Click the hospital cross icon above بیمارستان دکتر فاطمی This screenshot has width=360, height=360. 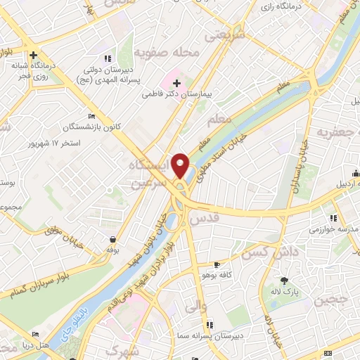pyautogui.click(x=176, y=82)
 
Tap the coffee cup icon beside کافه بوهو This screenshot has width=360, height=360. pyautogui.click(x=217, y=264)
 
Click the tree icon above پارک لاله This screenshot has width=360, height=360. pyautogui.click(x=284, y=281)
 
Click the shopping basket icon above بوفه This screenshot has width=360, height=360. pyautogui.click(x=112, y=240)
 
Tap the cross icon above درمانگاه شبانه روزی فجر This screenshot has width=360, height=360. pyautogui.click(x=33, y=55)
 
